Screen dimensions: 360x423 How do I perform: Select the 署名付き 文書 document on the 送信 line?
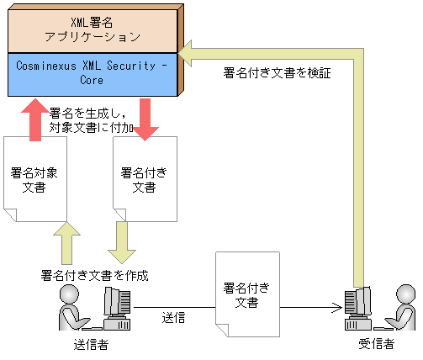(246, 294)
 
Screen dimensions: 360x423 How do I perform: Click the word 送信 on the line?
(173, 317)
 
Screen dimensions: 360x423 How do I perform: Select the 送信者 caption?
(90, 345)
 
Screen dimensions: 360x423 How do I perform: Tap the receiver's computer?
(359, 309)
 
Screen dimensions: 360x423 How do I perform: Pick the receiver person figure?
(404, 307)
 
